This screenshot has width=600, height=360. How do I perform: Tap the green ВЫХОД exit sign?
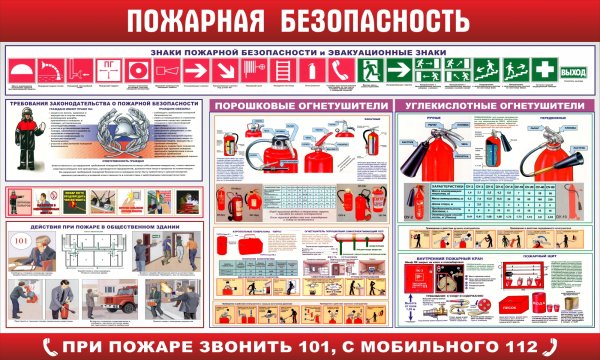(x=574, y=71)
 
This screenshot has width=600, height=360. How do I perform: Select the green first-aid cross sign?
(x=543, y=71)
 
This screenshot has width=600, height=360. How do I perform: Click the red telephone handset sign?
(x=340, y=71)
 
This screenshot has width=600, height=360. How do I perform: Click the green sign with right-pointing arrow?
(x=398, y=71)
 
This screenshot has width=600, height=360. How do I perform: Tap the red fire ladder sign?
(x=284, y=71)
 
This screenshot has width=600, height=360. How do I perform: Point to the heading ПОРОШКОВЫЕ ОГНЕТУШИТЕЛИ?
(x=300, y=105)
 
